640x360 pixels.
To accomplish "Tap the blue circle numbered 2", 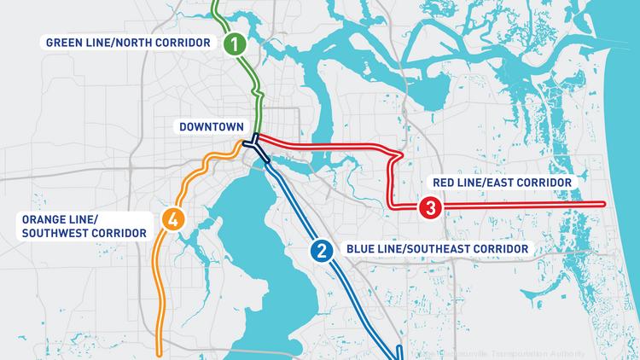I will tap(322, 250).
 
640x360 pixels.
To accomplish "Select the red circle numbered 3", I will tap(429, 207).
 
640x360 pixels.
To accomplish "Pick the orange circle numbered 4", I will tap(173, 219).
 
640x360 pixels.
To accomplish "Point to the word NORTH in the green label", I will tap(138, 43).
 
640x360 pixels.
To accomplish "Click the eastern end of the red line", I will tap(604, 204).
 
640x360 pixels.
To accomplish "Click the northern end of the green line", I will tap(215, 3).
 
